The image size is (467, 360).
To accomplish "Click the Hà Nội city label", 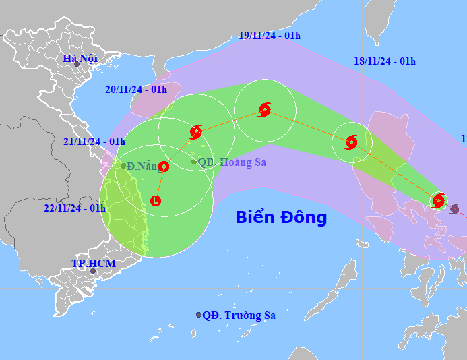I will (80, 58).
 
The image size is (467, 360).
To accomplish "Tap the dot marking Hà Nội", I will (76, 65).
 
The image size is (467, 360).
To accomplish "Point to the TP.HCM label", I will (94, 263).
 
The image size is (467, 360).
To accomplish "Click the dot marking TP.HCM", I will (93, 271).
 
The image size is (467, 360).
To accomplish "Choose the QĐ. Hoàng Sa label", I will (232, 162).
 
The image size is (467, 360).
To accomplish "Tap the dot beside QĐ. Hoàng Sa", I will (193, 162).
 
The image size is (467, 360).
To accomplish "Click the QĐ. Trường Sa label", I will (239, 315).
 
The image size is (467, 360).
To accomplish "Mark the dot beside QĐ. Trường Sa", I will (199, 315).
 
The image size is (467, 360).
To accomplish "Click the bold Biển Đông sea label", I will (281, 218).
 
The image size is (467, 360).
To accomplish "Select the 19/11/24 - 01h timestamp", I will (269, 36).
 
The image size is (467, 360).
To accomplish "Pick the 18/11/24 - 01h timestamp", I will (384, 61).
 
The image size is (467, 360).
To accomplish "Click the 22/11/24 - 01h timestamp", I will (75, 208).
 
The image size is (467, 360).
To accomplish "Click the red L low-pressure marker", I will (156, 200).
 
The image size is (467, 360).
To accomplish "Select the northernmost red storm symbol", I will (265, 110).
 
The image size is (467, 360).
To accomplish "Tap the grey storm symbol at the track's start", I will (455, 209).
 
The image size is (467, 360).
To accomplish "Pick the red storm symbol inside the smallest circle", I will (439, 200).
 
